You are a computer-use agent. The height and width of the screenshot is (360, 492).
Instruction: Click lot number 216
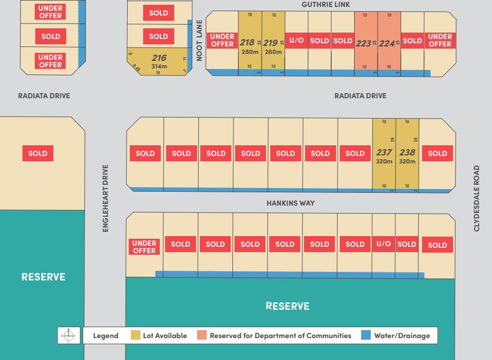159,58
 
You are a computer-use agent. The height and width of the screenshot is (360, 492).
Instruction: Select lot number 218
247,43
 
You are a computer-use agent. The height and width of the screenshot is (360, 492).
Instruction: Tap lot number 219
270,43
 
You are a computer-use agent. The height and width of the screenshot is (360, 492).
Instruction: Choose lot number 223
363,43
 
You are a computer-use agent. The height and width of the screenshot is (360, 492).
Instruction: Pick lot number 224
387,43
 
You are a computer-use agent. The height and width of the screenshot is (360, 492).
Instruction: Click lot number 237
384,152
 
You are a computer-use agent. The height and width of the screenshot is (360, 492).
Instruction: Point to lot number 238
407,152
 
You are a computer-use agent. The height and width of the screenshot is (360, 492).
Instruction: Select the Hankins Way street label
291,203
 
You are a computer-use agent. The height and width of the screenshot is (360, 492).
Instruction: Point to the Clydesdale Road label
477,198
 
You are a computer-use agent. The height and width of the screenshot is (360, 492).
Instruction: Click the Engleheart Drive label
105,198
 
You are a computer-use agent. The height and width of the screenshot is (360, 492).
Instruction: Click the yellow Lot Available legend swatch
136,335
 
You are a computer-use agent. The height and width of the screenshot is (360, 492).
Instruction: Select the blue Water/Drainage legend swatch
366,335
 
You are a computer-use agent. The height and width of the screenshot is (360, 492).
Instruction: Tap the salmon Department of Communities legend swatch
201,335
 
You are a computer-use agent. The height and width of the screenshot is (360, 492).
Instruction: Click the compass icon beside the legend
68,335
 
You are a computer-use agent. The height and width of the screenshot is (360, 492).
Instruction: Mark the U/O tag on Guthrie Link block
296,41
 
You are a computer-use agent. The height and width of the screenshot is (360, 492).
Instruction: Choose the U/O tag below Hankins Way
384,244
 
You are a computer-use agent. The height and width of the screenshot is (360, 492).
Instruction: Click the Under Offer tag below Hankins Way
144,247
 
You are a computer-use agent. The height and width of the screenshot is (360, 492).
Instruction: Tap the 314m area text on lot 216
159,66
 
